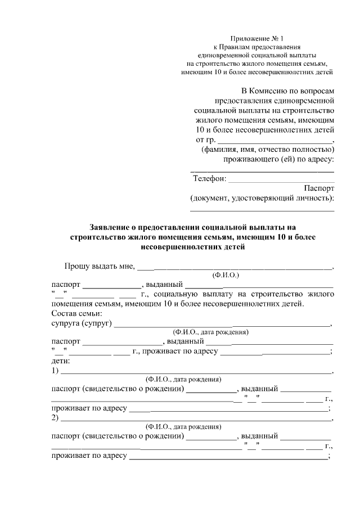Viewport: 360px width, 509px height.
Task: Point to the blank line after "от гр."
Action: pos(275,141)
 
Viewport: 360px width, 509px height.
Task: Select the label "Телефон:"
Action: pos(210,179)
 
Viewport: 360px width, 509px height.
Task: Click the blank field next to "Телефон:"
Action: pos(281,180)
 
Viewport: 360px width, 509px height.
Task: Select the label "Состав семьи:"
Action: pos(75,313)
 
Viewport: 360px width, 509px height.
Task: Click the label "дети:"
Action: pos(60,362)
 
